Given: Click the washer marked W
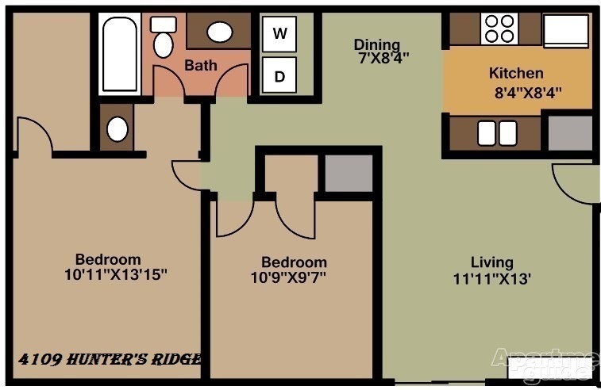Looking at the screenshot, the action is point(279,33).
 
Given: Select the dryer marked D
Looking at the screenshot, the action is point(279,75).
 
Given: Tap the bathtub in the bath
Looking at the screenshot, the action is point(120,54).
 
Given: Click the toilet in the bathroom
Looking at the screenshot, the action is point(164,36).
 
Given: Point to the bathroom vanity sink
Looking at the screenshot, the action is point(220,32).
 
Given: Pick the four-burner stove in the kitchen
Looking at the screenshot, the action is point(499,29).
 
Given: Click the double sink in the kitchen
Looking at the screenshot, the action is point(497,133).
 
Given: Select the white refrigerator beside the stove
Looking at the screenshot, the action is point(566,31).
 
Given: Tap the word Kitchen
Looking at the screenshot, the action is point(516,73).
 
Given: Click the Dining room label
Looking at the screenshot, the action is point(377,44).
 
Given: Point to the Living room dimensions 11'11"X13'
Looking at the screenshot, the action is point(492,278).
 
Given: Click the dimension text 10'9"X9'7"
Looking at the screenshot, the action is point(288,277).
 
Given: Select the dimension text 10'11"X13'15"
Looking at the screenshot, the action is point(116,274).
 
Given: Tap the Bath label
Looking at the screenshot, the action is point(201,65).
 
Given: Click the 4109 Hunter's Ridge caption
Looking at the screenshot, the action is point(110,359).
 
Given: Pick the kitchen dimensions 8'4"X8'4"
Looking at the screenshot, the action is point(528,93).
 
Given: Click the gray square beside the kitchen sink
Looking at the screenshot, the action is point(570,133).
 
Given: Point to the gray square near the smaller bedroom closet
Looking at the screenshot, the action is point(349,173).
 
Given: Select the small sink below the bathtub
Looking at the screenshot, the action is point(118,129).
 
